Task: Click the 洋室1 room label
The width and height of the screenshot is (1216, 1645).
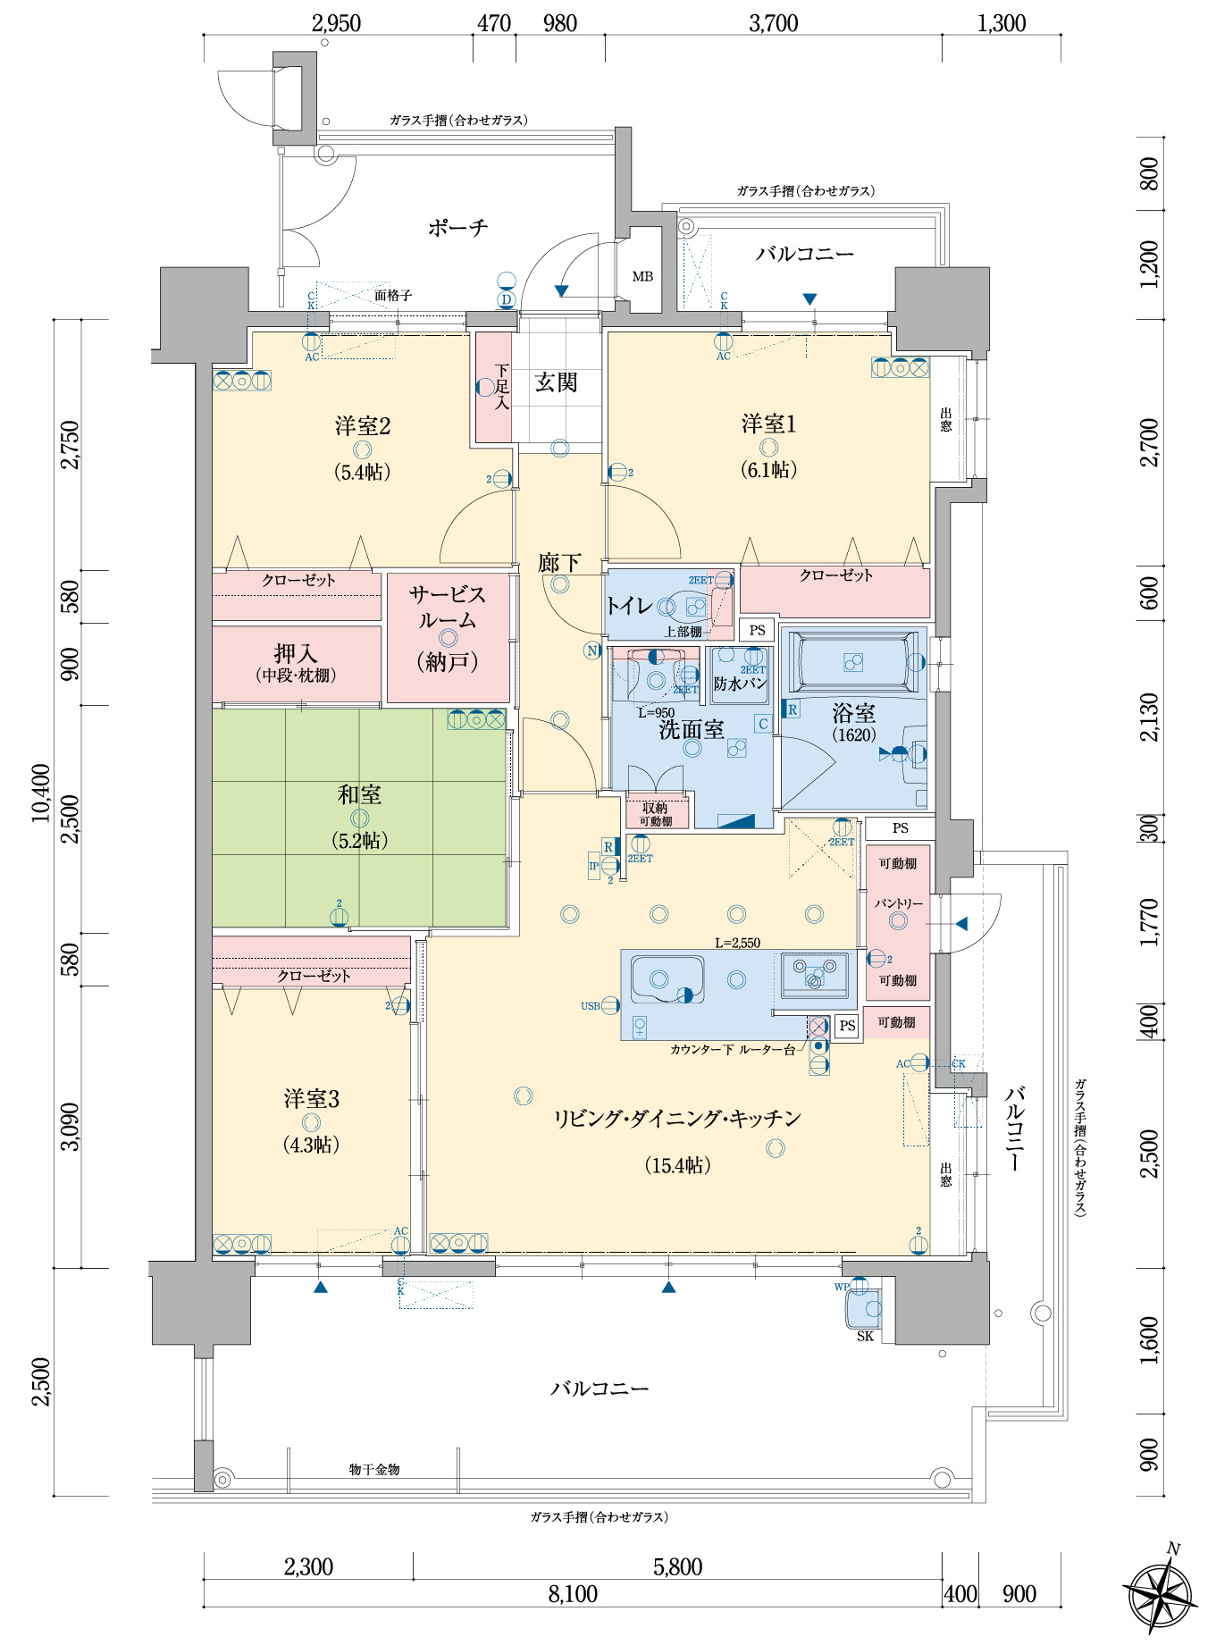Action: (x=768, y=424)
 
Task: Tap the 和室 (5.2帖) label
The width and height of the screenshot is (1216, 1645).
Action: (x=359, y=794)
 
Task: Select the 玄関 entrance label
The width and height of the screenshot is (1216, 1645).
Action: (x=556, y=382)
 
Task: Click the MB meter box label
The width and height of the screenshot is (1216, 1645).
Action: (x=642, y=277)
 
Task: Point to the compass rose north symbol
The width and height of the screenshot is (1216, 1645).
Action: (x=1161, y=1596)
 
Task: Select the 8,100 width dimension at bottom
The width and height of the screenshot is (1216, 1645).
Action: (x=572, y=1594)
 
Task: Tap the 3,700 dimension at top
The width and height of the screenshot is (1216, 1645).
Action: (x=773, y=23)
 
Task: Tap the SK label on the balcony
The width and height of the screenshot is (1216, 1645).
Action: (x=865, y=1336)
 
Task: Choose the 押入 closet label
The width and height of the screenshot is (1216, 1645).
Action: (x=296, y=654)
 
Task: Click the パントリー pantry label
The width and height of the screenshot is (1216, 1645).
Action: (x=898, y=904)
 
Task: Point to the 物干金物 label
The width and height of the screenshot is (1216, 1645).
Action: (x=373, y=1469)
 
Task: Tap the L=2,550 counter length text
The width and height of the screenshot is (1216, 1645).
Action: (x=737, y=943)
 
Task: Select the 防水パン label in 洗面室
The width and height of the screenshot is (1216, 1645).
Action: (x=739, y=684)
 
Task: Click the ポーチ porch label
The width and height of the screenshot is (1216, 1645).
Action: (x=457, y=228)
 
